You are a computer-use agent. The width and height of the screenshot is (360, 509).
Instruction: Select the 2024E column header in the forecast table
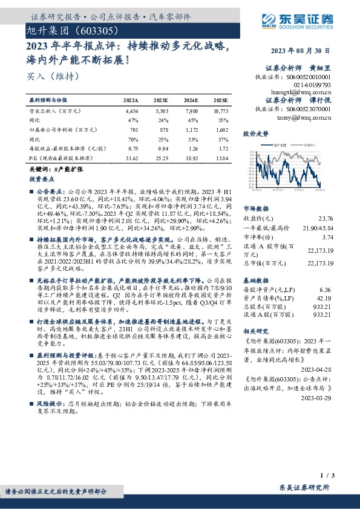pos(191,100)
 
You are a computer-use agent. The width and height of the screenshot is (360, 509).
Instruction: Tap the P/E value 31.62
pos(131,158)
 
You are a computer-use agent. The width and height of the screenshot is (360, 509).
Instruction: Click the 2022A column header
pos(131,100)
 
